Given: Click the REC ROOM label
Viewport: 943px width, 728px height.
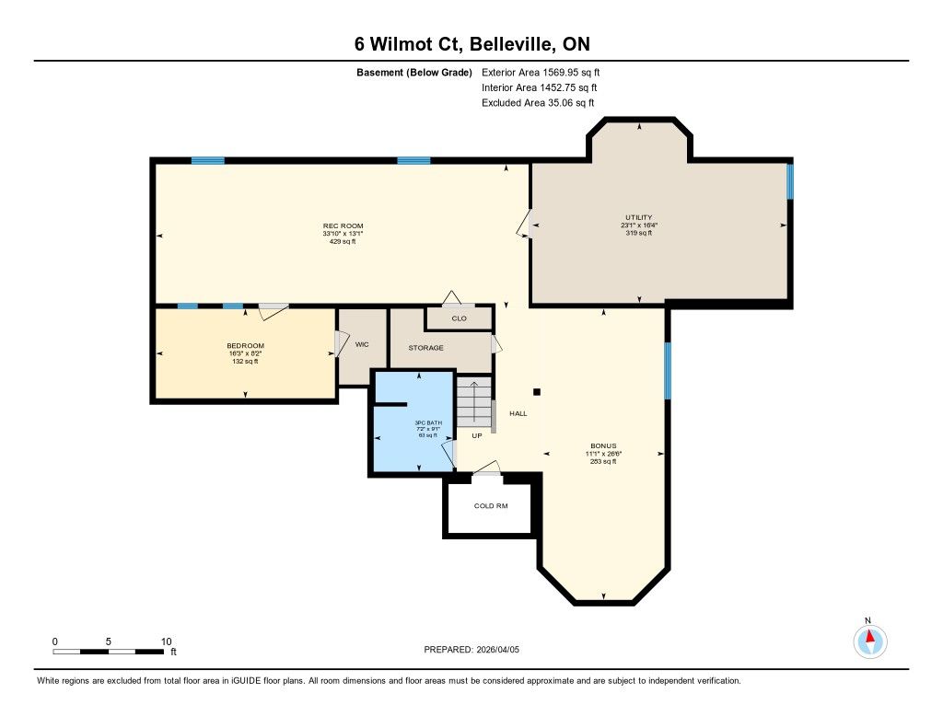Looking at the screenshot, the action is tap(343, 226).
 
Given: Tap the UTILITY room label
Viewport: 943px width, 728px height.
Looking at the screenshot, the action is tap(639, 217).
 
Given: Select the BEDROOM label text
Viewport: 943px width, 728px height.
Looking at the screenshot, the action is tap(245, 346).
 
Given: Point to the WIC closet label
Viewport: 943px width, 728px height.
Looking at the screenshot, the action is tap(361, 344).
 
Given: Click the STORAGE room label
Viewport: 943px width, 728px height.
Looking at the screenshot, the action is tap(425, 348).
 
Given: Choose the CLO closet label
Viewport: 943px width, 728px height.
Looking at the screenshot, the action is tap(459, 318).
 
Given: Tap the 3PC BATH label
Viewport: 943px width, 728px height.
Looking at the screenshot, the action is tap(428, 422).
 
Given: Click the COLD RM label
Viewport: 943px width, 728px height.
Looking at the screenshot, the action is tap(491, 506).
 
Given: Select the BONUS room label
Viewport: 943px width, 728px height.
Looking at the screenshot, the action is tap(603, 446).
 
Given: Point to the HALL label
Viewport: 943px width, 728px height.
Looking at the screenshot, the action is tap(518, 413).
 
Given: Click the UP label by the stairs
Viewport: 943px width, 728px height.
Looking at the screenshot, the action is tap(477, 436).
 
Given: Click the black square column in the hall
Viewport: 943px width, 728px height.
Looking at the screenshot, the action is tap(537, 392).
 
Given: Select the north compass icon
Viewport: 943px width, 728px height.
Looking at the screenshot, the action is tap(869, 641).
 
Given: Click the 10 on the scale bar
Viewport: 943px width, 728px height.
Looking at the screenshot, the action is tap(167, 641).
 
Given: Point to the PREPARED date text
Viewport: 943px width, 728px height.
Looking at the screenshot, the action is tap(471, 650).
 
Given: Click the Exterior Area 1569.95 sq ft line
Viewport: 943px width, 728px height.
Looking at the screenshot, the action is tap(541, 73).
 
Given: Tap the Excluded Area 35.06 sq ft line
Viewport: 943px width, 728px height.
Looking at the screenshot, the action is tap(538, 103).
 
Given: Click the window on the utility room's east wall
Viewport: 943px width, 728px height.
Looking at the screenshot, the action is tap(790, 181).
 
